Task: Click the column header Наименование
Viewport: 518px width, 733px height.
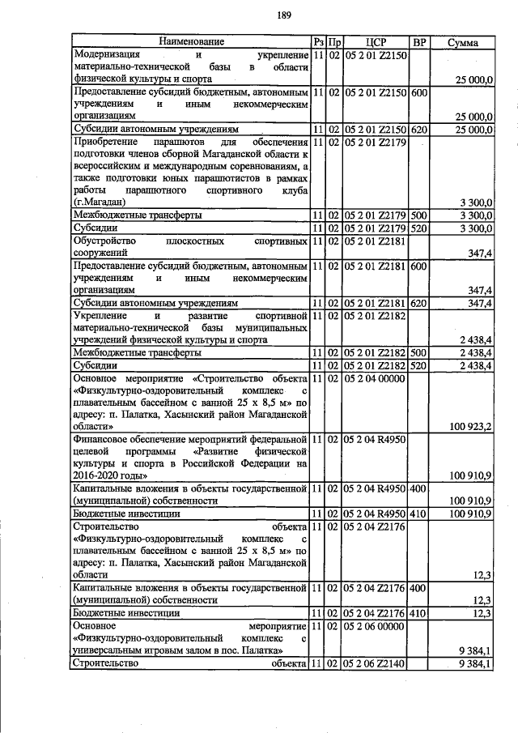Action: click(192, 41)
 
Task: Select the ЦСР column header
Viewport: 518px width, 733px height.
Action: click(375, 41)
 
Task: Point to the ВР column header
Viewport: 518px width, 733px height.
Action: click(418, 41)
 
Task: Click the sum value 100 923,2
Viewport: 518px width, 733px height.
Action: click(469, 426)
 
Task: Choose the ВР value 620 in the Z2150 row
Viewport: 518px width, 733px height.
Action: click(418, 129)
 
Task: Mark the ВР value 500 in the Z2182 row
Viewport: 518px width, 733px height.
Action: click(418, 354)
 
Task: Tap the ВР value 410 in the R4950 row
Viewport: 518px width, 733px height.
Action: click(418, 514)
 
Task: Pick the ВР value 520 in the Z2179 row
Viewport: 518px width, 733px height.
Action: click(418, 228)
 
